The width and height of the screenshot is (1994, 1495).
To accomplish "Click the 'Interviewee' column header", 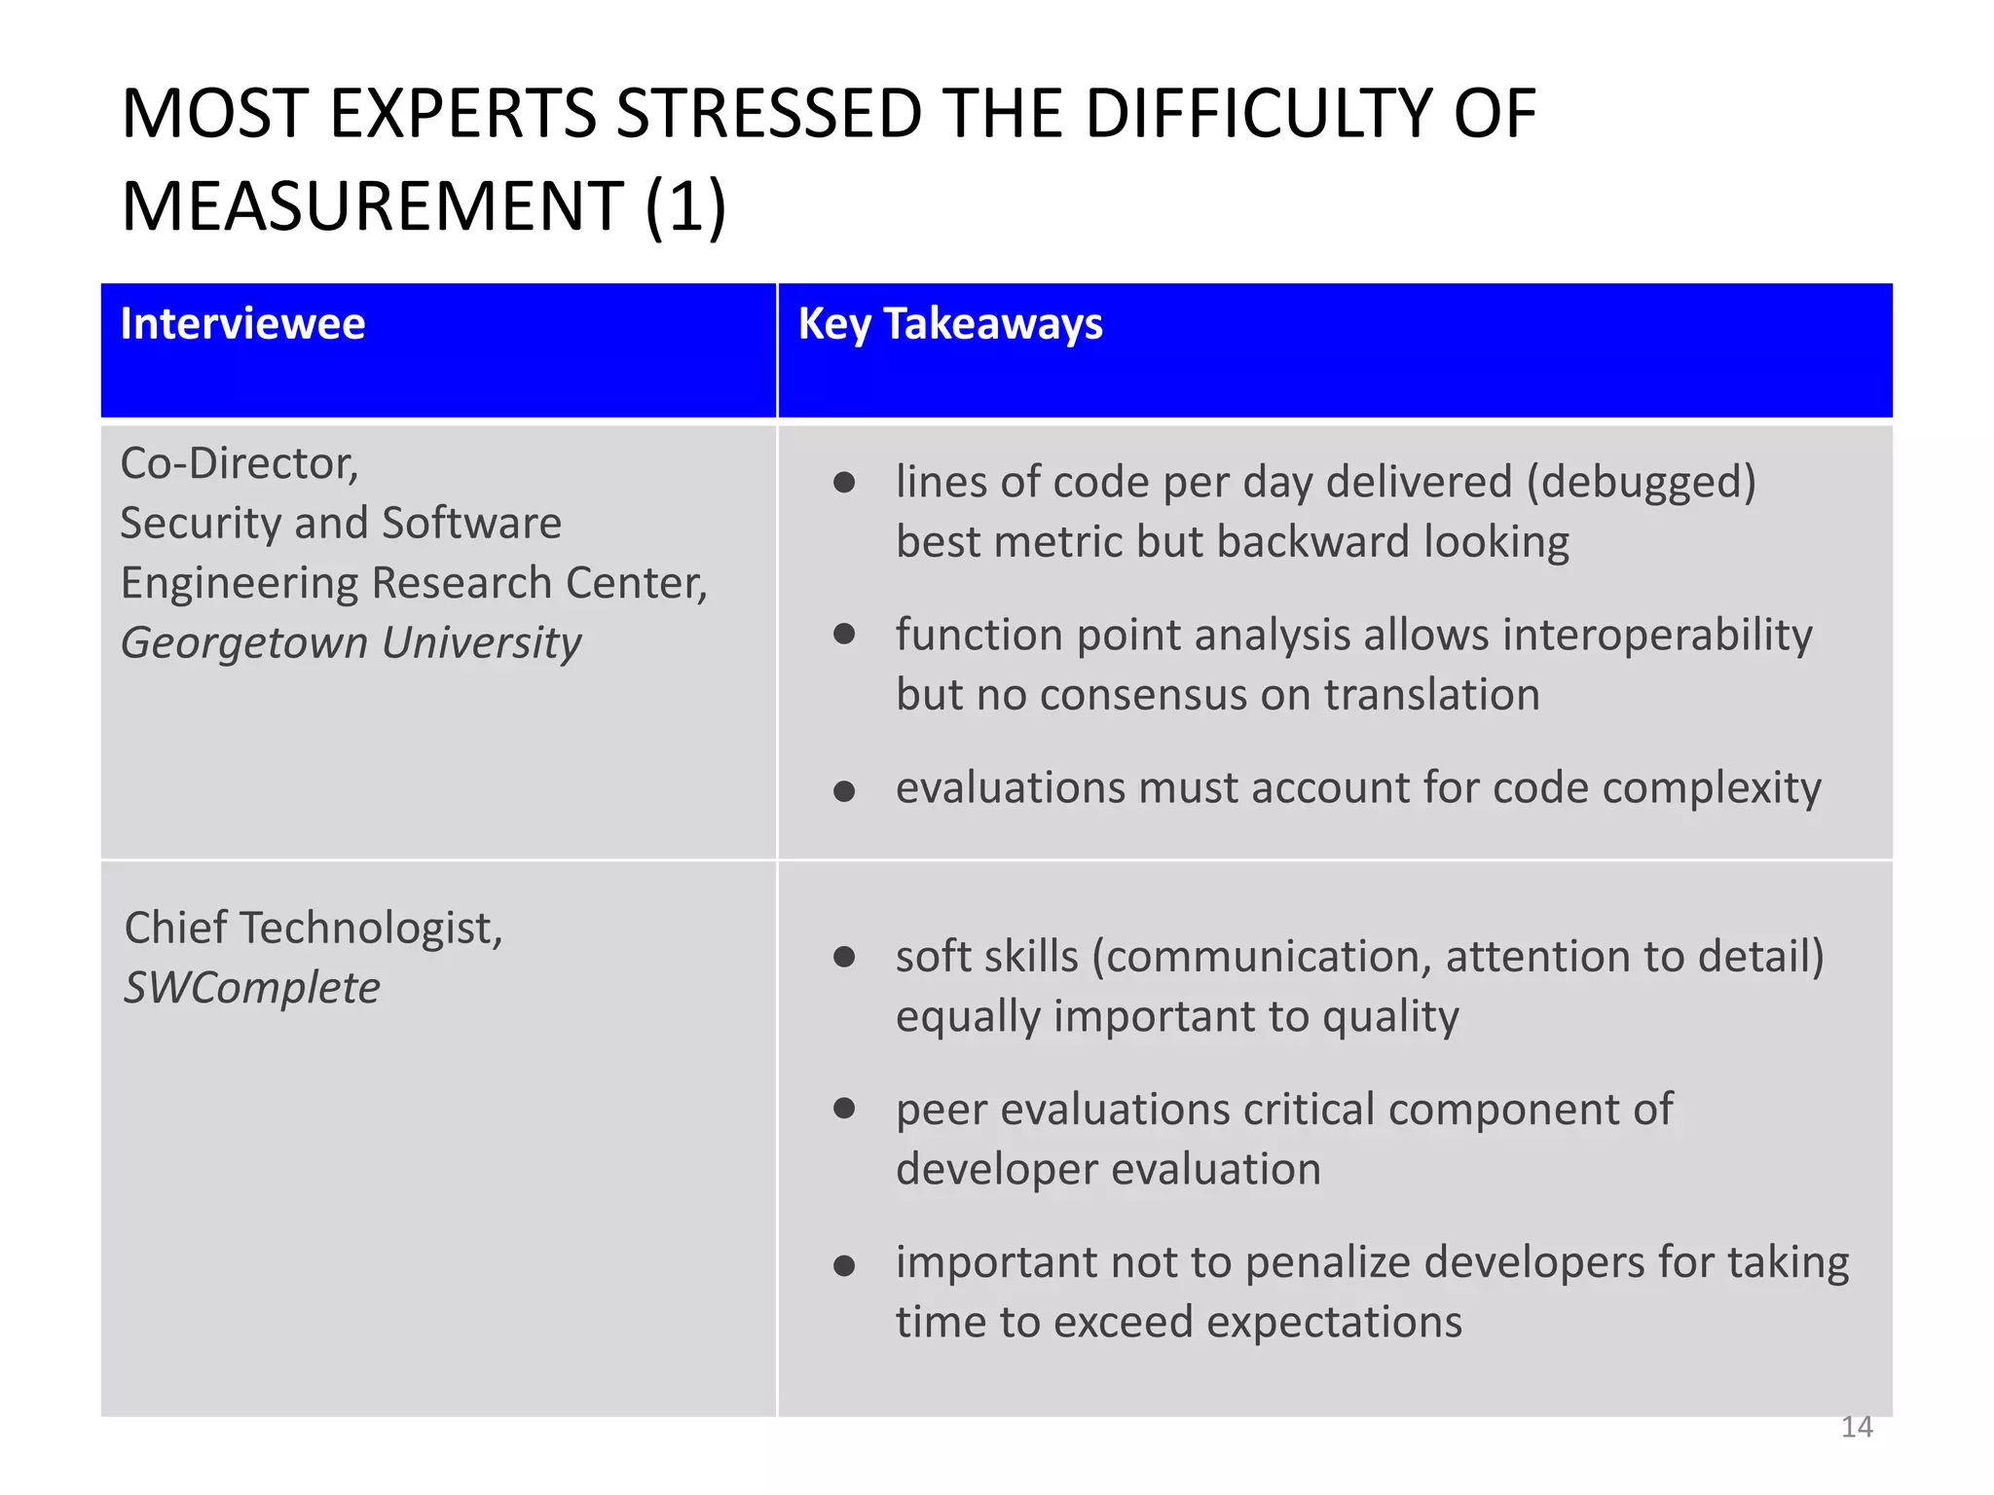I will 242,324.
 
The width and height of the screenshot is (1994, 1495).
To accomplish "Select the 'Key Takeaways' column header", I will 950,324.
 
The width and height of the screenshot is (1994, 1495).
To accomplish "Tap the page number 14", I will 1857,1427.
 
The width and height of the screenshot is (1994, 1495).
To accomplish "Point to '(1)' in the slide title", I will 685,206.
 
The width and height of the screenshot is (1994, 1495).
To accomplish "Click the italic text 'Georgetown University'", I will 351,643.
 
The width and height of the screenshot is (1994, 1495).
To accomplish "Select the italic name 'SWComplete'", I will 252,988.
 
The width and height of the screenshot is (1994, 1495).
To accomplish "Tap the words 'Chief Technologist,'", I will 314,928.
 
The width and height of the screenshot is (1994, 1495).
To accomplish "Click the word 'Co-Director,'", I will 240,463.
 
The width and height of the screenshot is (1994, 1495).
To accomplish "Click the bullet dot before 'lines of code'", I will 844,483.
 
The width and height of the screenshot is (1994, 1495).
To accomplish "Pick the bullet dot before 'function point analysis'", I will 844,635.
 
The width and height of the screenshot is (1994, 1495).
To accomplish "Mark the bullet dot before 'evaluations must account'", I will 844,791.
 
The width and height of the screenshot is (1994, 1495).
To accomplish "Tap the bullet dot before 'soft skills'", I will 844,957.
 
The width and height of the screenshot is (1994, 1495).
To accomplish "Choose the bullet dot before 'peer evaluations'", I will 844,1109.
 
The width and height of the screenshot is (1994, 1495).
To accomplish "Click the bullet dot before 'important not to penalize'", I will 844,1265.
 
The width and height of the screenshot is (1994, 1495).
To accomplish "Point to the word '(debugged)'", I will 1641,483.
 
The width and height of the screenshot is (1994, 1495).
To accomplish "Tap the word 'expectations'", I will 1335,1323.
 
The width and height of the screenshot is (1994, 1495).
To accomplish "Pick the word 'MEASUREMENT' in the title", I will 372,206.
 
